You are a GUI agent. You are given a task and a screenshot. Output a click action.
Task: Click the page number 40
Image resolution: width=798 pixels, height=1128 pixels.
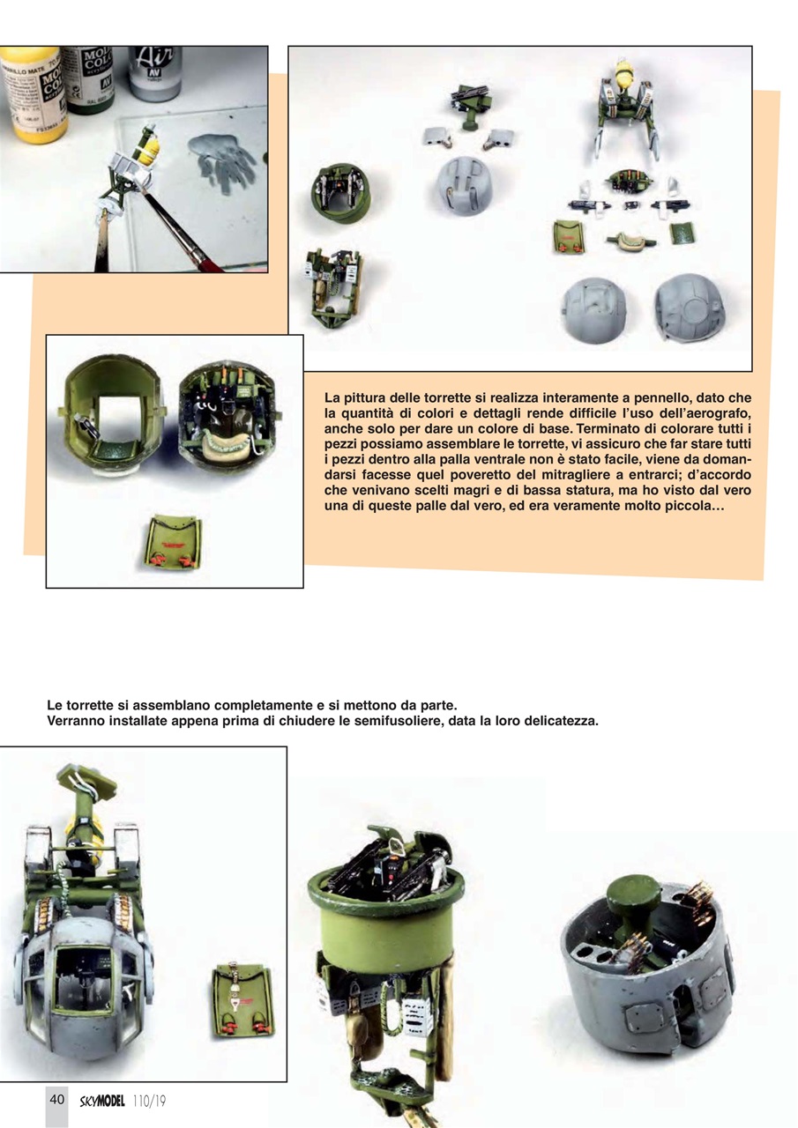coord(56,1099)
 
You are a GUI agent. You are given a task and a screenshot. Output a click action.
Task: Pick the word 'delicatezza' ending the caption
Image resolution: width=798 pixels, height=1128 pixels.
coord(560,721)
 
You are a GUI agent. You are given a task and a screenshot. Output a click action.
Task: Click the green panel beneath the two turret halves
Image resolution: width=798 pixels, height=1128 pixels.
coord(173,545)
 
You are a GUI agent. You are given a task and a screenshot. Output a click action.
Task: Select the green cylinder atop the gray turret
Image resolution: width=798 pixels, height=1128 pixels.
coord(633,900)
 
